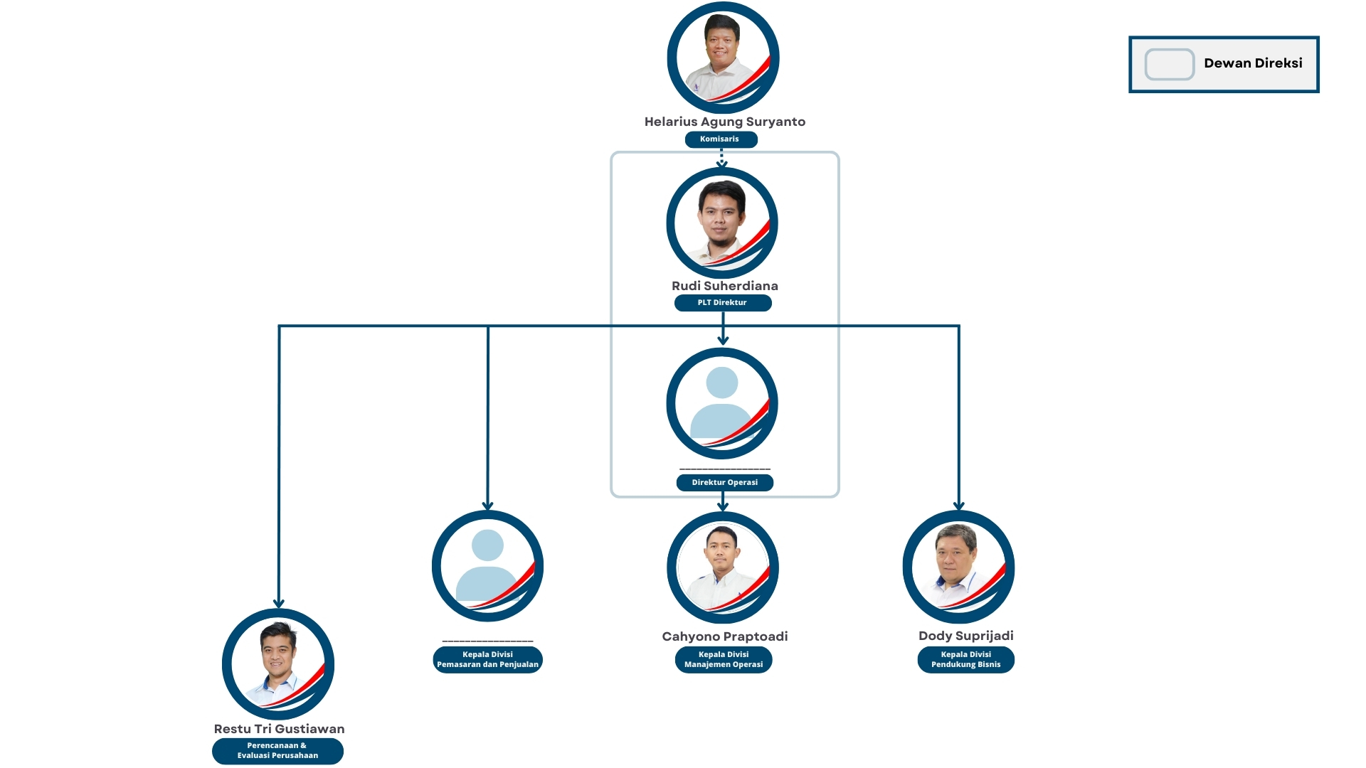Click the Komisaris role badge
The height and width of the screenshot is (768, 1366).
pyautogui.click(x=721, y=139)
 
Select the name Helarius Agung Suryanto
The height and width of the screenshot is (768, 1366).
pyautogui.click(x=725, y=122)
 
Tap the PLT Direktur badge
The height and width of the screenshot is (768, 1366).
pyautogui.click(x=723, y=303)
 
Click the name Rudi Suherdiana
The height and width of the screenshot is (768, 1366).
pyautogui.click(x=725, y=286)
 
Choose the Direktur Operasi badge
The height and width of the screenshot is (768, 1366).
pyautogui.click(x=725, y=483)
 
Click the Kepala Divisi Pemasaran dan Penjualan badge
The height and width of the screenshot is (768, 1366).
pyautogui.click(x=488, y=660)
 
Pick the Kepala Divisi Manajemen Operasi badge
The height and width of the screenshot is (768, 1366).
pyautogui.click(x=724, y=660)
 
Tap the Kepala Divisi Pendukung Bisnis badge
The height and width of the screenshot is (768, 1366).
pyautogui.click(x=966, y=660)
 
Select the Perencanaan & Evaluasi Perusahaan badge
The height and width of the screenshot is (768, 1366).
pyautogui.click(x=278, y=751)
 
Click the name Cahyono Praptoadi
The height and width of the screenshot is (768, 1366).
pyautogui.click(x=725, y=636)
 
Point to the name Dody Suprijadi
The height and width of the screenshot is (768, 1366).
pyautogui.click(x=966, y=636)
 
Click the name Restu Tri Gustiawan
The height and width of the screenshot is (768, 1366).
pyautogui.click(x=280, y=729)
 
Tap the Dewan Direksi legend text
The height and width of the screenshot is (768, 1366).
pyautogui.click(x=1253, y=63)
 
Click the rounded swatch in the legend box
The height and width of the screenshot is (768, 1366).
pyautogui.click(x=1170, y=65)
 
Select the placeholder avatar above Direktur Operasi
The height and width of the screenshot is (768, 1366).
pyautogui.click(x=722, y=403)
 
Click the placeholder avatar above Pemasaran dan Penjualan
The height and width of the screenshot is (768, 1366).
pyautogui.click(x=488, y=566)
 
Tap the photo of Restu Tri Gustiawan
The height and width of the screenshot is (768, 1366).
pyautogui.click(x=278, y=664)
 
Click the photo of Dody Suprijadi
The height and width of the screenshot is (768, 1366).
pyautogui.click(x=959, y=567)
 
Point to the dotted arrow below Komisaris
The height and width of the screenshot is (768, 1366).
pyautogui.click(x=721, y=158)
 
